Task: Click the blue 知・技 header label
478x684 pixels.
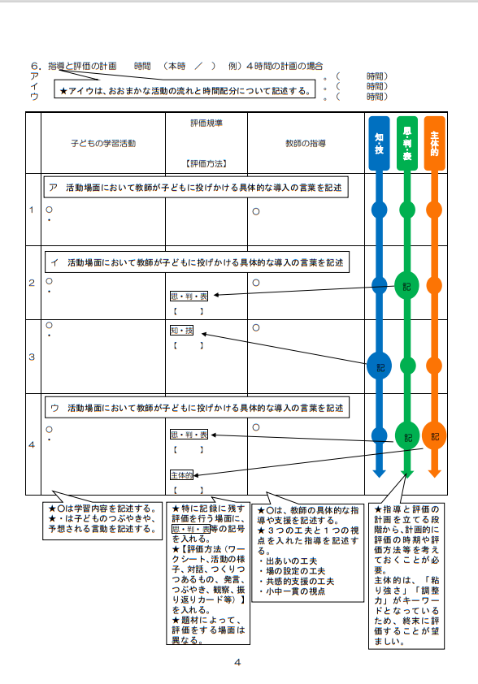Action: [x=379, y=143]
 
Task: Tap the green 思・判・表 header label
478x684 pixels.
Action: [x=406, y=143]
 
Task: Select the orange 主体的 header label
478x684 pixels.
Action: [x=434, y=143]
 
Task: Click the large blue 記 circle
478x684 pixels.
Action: [x=379, y=366]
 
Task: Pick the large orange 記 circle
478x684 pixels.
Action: [x=434, y=435]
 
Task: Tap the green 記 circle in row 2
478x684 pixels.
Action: [x=406, y=286]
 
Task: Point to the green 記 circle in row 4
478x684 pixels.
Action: [x=407, y=435]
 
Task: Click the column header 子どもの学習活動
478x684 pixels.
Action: [x=103, y=144]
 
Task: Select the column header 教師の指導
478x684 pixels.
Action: [x=306, y=144]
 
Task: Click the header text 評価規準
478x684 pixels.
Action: [x=206, y=123]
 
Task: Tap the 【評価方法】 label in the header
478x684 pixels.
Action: [x=206, y=163]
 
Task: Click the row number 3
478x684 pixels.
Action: [x=32, y=357]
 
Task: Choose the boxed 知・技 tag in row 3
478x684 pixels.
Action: [x=181, y=331]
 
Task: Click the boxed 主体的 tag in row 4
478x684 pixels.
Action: [x=181, y=475]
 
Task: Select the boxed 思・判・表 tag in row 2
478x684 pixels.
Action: [x=189, y=297]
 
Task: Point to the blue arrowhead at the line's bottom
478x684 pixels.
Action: [x=379, y=473]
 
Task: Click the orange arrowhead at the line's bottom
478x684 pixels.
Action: [x=434, y=473]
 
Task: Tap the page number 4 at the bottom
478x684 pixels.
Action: [x=237, y=662]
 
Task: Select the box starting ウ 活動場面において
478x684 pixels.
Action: [x=197, y=408]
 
